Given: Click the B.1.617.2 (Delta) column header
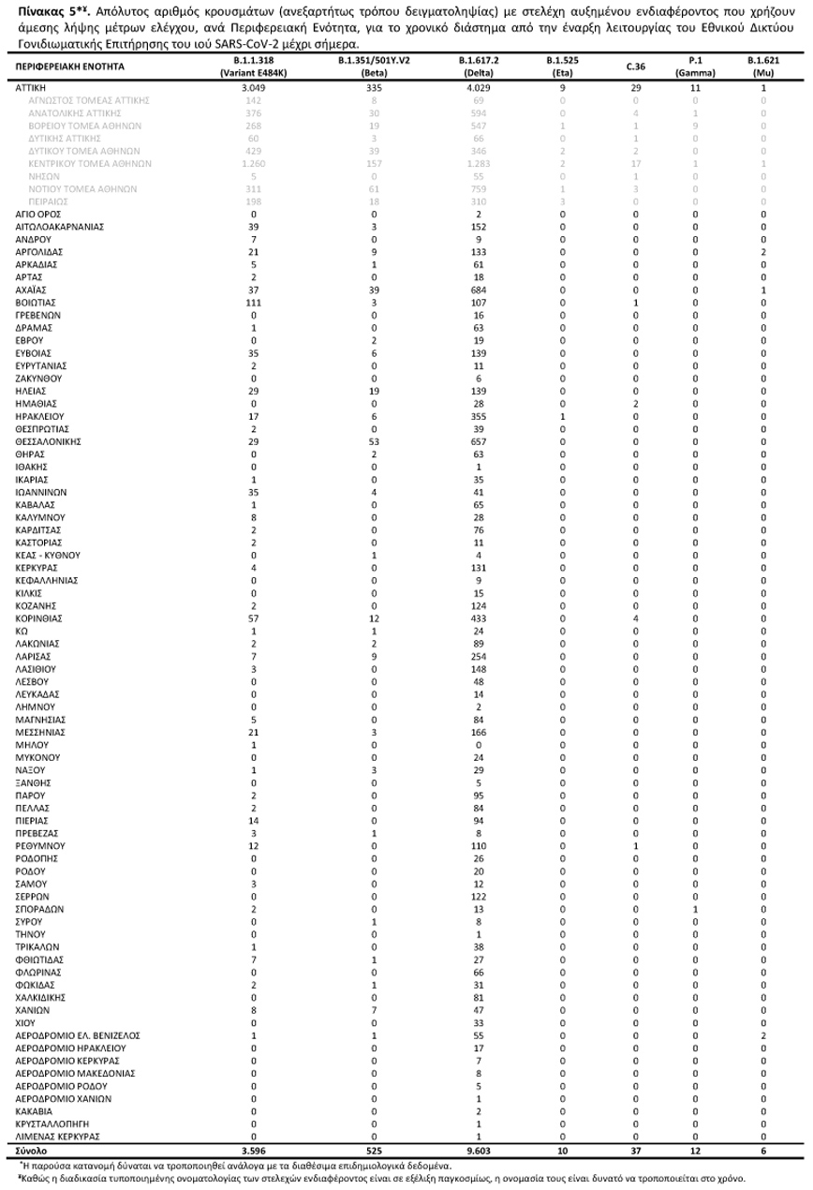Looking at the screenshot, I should pos(479,66).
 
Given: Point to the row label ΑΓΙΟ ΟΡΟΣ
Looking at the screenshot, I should pos(38,214).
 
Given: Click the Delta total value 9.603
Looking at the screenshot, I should pos(479,1149).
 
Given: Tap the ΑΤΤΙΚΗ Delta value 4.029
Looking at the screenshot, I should pos(479,87).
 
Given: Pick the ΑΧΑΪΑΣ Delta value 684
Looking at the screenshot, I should pos(479,290).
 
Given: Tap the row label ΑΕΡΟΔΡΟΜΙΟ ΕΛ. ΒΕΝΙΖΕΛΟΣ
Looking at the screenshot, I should pos(78,1035).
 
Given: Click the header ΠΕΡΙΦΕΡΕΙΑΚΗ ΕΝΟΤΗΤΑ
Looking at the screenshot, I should pos(70,67).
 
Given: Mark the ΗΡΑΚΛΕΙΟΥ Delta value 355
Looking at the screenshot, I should pos(479,416).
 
